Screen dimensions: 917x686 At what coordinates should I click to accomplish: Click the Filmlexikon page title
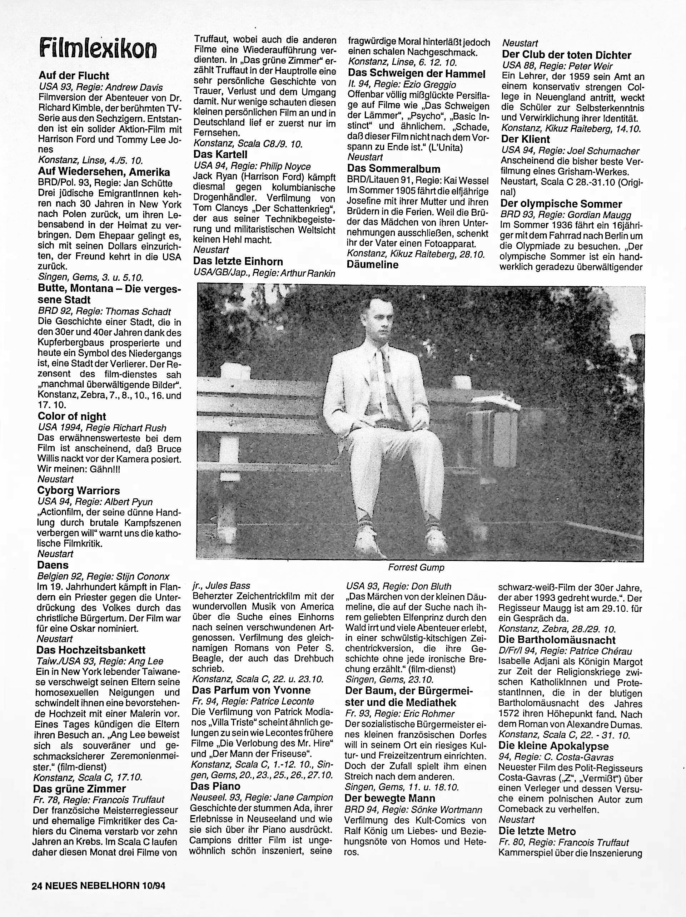[x=98, y=49]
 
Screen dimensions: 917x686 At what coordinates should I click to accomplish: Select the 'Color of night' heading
[x=72, y=416]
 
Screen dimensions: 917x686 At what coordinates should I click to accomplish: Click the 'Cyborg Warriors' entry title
[x=79, y=491]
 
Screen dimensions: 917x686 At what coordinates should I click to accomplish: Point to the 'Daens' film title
[x=53, y=565]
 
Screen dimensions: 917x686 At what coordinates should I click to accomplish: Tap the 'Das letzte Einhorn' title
[x=238, y=262]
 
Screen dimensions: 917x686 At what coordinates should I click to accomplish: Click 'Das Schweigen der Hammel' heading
[x=416, y=74]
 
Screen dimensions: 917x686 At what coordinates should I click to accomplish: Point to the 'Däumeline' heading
[x=373, y=265]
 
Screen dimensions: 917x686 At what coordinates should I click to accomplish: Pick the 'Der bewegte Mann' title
[x=390, y=798]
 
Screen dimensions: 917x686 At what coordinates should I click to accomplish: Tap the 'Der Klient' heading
[x=525, y=139]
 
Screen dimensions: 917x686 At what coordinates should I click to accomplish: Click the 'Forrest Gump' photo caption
[x=416, y=567]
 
